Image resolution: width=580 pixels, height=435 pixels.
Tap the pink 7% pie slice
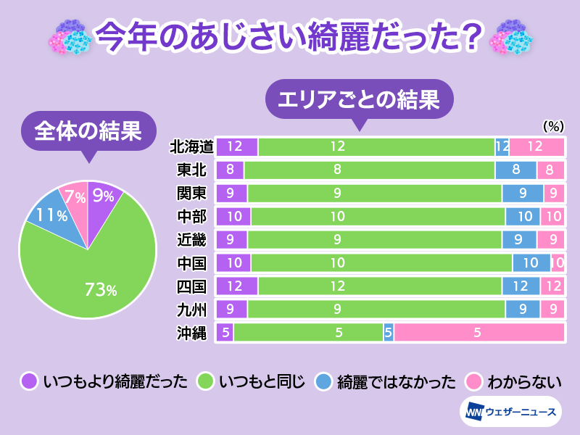click(x=74, y=196)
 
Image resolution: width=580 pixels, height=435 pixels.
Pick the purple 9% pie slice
click(x=103, y=197)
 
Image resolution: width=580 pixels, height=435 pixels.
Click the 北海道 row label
click(x=191, y=147)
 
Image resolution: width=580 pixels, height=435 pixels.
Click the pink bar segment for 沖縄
click(x=478, y=333)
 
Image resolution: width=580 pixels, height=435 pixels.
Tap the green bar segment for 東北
click(x=370, y=170)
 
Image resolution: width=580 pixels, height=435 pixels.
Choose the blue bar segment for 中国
click(x=531, y=263)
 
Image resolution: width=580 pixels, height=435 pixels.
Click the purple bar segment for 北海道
click(x=236, y=147)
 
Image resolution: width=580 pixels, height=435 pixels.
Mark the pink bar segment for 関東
click(x=553, y=194)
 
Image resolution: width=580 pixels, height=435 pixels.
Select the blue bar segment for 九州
click(x=523, y=310)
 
